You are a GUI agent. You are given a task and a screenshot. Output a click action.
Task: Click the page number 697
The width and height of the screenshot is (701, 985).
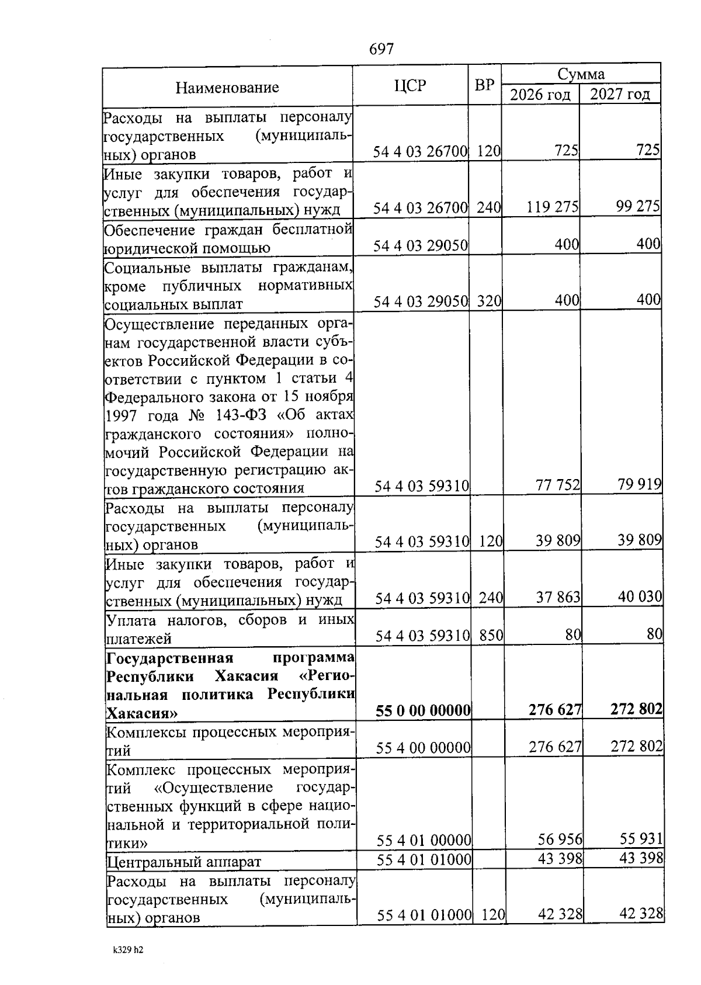381,49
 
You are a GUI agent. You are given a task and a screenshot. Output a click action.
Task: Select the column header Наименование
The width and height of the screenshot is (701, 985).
227,88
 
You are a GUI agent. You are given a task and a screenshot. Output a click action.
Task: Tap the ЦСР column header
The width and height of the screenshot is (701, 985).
410,86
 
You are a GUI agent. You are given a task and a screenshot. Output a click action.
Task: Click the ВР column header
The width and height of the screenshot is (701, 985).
484,85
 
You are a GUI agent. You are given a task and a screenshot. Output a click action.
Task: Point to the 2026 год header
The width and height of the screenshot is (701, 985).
540,95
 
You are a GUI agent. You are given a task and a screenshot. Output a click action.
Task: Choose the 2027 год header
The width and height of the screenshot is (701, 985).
619,94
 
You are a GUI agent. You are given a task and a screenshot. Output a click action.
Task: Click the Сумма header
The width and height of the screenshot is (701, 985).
581,74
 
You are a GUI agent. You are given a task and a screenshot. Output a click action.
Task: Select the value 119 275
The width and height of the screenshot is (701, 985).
552,207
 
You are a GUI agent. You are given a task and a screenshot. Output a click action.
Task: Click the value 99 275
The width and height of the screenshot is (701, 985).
638,206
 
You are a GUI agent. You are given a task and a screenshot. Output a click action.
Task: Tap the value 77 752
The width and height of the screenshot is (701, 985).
557,484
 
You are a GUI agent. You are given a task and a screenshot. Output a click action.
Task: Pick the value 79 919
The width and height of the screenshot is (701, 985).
639,484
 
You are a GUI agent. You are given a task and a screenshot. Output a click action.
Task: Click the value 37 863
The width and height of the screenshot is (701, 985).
558,597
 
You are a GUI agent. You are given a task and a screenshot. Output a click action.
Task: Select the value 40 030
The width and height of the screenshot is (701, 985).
640,596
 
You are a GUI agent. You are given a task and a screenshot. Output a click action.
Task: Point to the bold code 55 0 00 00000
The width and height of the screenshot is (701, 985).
423,710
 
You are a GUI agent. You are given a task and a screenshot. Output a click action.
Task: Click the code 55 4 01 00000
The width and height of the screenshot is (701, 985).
424,840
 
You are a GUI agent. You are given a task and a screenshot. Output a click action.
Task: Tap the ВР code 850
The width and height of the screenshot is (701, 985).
491,635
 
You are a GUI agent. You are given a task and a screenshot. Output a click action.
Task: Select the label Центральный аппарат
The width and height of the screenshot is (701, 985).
183,862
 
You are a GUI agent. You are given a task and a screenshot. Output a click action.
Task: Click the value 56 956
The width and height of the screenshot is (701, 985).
560,840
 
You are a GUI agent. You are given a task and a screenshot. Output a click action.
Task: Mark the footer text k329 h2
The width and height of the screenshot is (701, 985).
128,949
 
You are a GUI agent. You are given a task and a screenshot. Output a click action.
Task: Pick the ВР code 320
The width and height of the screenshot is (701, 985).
489,301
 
